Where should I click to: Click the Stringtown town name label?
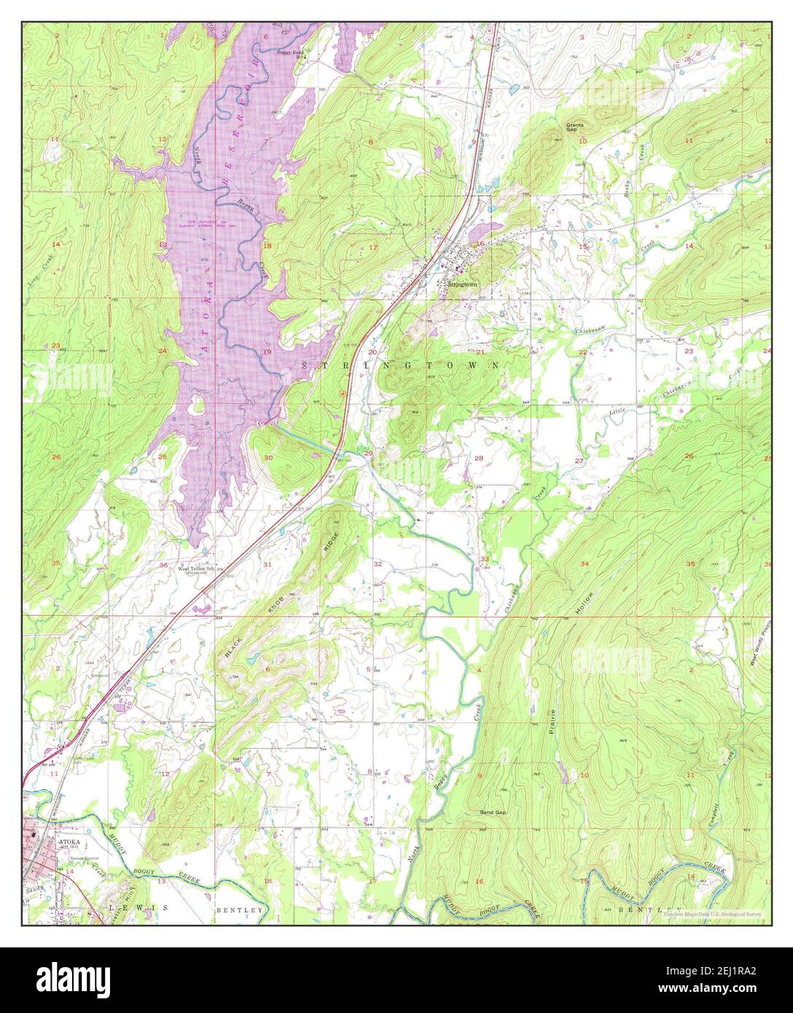point(462,284)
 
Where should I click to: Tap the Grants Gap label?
point(575,127)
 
